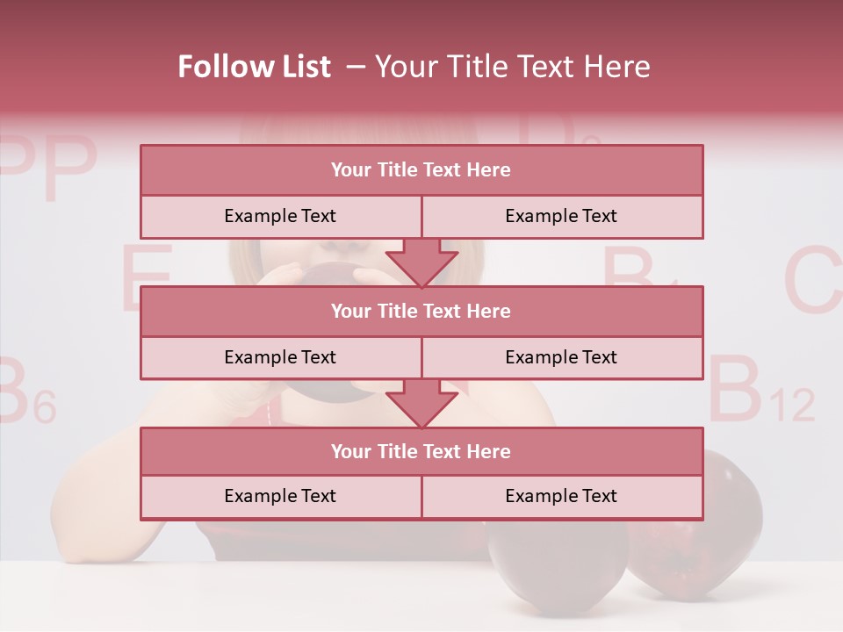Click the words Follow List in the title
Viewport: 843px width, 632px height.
[255, 67]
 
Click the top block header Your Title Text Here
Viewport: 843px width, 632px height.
[421, 170]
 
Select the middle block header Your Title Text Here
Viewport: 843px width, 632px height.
[421, 311]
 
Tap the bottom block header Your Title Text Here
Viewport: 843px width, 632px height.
[421, 451]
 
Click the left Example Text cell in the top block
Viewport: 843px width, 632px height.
[280, 216]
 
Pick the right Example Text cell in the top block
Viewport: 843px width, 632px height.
[561, 216]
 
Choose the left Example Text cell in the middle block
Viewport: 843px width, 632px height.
[280, 357]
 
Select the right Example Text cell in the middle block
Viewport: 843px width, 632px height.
[561, 357]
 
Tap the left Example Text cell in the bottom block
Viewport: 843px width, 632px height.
[280, 496]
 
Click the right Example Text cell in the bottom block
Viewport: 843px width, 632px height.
[561, 496]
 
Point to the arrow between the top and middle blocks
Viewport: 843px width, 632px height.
[421, 262]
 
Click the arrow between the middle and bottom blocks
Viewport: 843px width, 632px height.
[421, 403]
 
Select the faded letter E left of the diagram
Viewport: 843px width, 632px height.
[145, 278]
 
